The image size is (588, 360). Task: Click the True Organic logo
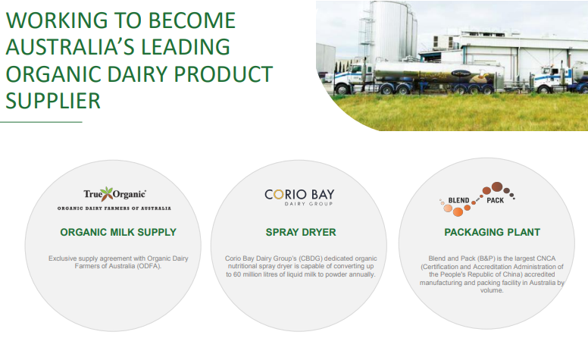click(x=114, y=199)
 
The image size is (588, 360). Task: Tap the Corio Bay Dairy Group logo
click(x=299, y=197)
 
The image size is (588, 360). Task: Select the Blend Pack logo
click(x=477, y=199)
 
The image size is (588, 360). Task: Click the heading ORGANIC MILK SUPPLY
click(x=118, y=232)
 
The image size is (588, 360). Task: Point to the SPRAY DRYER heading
click(x=301, y=232)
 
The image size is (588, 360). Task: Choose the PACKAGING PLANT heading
click(x=492, y=232)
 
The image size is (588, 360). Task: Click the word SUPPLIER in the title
click(x=53, y=101)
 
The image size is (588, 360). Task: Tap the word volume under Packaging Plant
click(x=492, y=290)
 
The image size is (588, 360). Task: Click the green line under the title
click(x=41, y=122)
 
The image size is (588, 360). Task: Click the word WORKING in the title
click(x=57, y=20)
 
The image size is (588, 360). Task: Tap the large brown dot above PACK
click(x=497, y=186)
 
